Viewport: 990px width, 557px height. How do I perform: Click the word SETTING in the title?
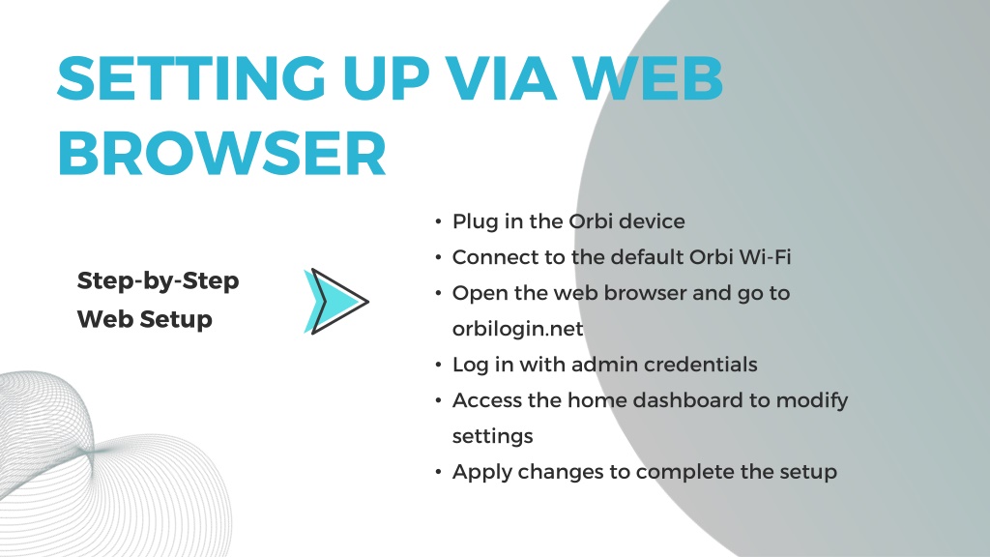pos(191,78)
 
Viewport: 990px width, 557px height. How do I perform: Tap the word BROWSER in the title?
pos(221,154)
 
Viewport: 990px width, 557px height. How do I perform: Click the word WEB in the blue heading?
pos(648,78)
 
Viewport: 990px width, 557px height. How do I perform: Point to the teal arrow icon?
pos(335,302)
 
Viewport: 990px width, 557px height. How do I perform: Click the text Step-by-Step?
pos(158,281)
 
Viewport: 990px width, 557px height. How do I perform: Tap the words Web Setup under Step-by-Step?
pos(145,319)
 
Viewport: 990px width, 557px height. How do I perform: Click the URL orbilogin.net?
pos(518,329)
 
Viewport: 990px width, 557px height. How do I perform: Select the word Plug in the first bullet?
pos(476,222)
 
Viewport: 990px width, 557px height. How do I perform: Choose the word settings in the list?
pos(492,437)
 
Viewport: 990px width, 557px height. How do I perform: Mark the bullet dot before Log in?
pos(438,365)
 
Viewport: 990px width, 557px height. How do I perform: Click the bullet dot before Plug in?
pos(438,221)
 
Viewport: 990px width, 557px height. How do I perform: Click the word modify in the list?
pos(812,401)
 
